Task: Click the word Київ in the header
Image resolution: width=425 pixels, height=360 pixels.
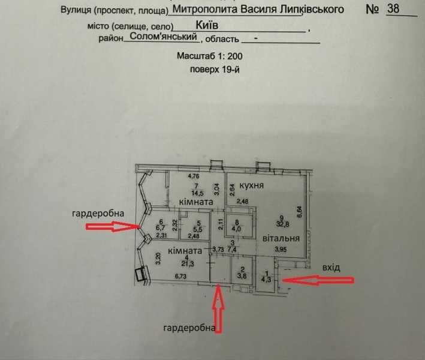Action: [x=207, y=25]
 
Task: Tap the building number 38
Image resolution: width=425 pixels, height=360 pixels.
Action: [x=393, y=8]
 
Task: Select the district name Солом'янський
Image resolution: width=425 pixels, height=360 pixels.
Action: [x=163, y=36]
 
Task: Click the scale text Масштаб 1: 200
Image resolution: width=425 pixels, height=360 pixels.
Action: [x=210, y=56]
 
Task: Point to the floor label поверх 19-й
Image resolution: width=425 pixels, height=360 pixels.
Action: [x=215, y=70]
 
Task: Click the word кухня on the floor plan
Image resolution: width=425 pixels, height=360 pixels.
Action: [x=252, y=185]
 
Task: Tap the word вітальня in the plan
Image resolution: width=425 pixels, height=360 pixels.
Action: [x=281, y=238]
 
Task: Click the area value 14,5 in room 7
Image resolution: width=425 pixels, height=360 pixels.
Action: [x=198, y=193]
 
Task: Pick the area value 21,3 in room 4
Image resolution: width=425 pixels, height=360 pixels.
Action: [x=188, y=263]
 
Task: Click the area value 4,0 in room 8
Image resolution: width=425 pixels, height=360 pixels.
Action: [x=236, y=229]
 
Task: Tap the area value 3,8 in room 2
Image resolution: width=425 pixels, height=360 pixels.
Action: [x=243, y=276]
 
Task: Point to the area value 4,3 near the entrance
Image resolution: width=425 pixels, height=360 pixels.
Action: [x=266, y=280]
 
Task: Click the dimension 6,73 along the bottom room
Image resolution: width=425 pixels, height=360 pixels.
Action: [x=180, y=277]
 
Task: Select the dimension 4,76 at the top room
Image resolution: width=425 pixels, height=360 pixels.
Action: [x=194, y=176]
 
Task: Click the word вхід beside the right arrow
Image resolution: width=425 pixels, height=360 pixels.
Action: [x=331, y=268]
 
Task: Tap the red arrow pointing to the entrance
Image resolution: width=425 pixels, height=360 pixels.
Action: [x=317, y=280]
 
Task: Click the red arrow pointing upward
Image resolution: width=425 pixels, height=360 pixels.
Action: [x=219, y=309]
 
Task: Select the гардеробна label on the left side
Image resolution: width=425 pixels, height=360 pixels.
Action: [x=98, y=214]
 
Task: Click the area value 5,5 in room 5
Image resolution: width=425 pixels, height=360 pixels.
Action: [x=200, y=230]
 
